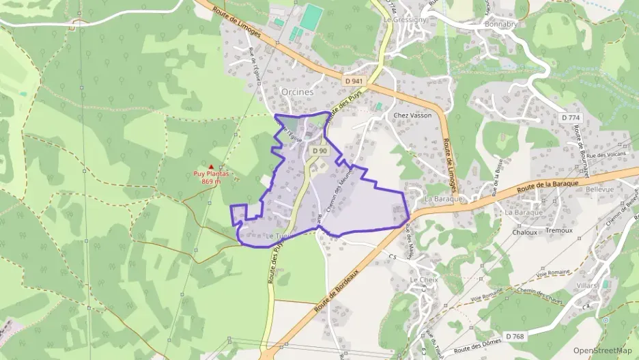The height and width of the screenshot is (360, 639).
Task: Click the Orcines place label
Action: tap(297, 91)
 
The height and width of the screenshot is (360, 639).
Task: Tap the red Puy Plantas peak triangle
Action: tap(211, 167)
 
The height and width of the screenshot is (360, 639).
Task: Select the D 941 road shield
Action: tap(354, 81)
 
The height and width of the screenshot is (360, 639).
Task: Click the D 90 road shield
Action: tap(319, 150)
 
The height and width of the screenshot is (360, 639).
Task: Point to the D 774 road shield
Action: tap(570, 117)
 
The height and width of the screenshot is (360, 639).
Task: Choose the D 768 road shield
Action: tap(515, 336)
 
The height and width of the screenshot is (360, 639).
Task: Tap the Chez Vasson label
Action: tap(412, 115)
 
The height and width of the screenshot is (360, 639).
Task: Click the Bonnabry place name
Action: tap(502, 24)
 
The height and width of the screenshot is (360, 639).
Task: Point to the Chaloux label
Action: tap(525, 232)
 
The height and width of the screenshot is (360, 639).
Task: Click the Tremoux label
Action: tap(559, 231)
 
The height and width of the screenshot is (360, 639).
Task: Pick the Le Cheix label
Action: tap(423, 281)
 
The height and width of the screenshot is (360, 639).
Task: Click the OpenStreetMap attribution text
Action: tap(602, 350)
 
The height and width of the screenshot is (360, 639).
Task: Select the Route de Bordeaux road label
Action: tap(337, 290)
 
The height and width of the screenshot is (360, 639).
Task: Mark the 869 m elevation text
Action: tap(211, 182)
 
